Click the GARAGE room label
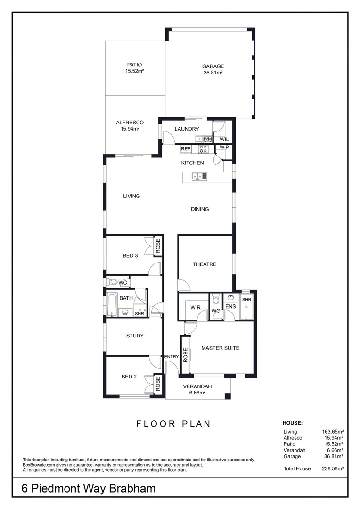(x=213, y=66)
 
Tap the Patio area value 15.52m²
(x=134, y=71)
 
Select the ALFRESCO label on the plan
(x=130, y=123)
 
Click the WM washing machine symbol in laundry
(x=208, y=139)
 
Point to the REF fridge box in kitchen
(x=186, y=148)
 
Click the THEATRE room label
(x=205, y=264)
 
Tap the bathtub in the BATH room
(x=111, y=305)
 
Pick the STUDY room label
(x=135, y=336)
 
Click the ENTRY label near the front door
(x=172, y=357)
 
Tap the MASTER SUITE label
(x=220, y=348)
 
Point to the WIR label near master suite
(x=196, y=308)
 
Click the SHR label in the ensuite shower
(x=246, y=300)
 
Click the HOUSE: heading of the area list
(x=292, y=423)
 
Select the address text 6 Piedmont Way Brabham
(x=89, y=489)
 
